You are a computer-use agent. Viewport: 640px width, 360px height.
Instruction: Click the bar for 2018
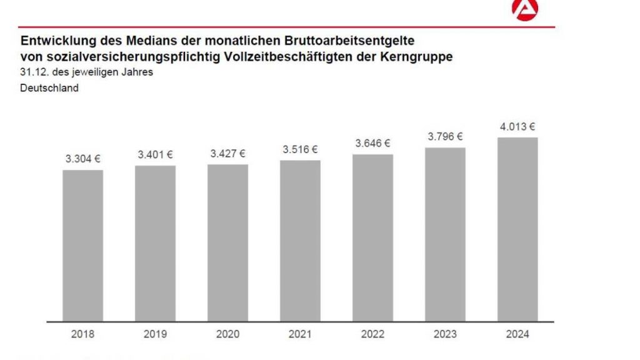[82, 245]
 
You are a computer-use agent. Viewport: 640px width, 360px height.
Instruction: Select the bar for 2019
[155, 243]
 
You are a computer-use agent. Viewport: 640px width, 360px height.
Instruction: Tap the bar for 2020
[227, 242]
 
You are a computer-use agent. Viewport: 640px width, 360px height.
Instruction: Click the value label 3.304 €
[82, 159]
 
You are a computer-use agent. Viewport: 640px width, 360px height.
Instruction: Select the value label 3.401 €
[155, 154]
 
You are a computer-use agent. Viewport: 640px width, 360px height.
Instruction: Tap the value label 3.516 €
[300, 149]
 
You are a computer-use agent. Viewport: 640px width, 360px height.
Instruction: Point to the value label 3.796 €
[445, 136]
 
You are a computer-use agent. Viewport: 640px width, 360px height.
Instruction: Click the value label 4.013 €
[517, 126]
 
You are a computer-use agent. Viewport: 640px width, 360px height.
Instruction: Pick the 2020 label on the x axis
[227, 334]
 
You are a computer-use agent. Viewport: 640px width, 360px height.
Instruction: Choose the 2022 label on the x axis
[372, 334]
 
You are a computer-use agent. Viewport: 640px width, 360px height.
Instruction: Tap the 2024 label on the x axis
[517, 334]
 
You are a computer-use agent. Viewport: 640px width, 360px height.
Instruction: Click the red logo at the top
[524, 9]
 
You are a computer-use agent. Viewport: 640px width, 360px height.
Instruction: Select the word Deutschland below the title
[49, 88]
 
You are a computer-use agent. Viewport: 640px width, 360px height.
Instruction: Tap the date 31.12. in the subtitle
[32, 72]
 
